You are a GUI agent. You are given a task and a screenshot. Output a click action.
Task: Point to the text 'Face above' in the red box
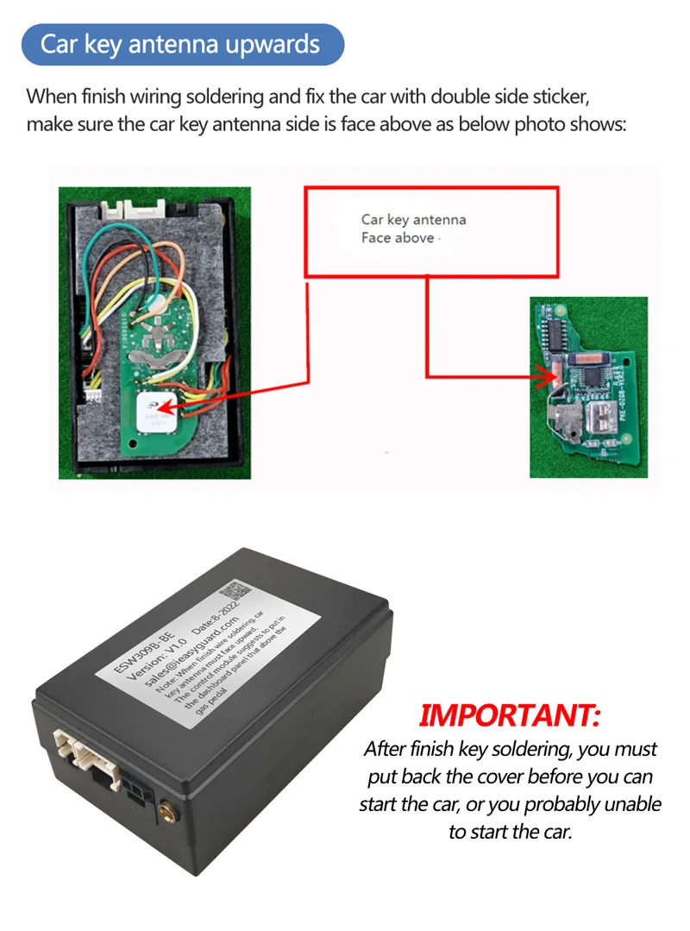coord(398,238)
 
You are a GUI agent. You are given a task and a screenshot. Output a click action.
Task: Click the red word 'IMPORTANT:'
coord(509,715)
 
